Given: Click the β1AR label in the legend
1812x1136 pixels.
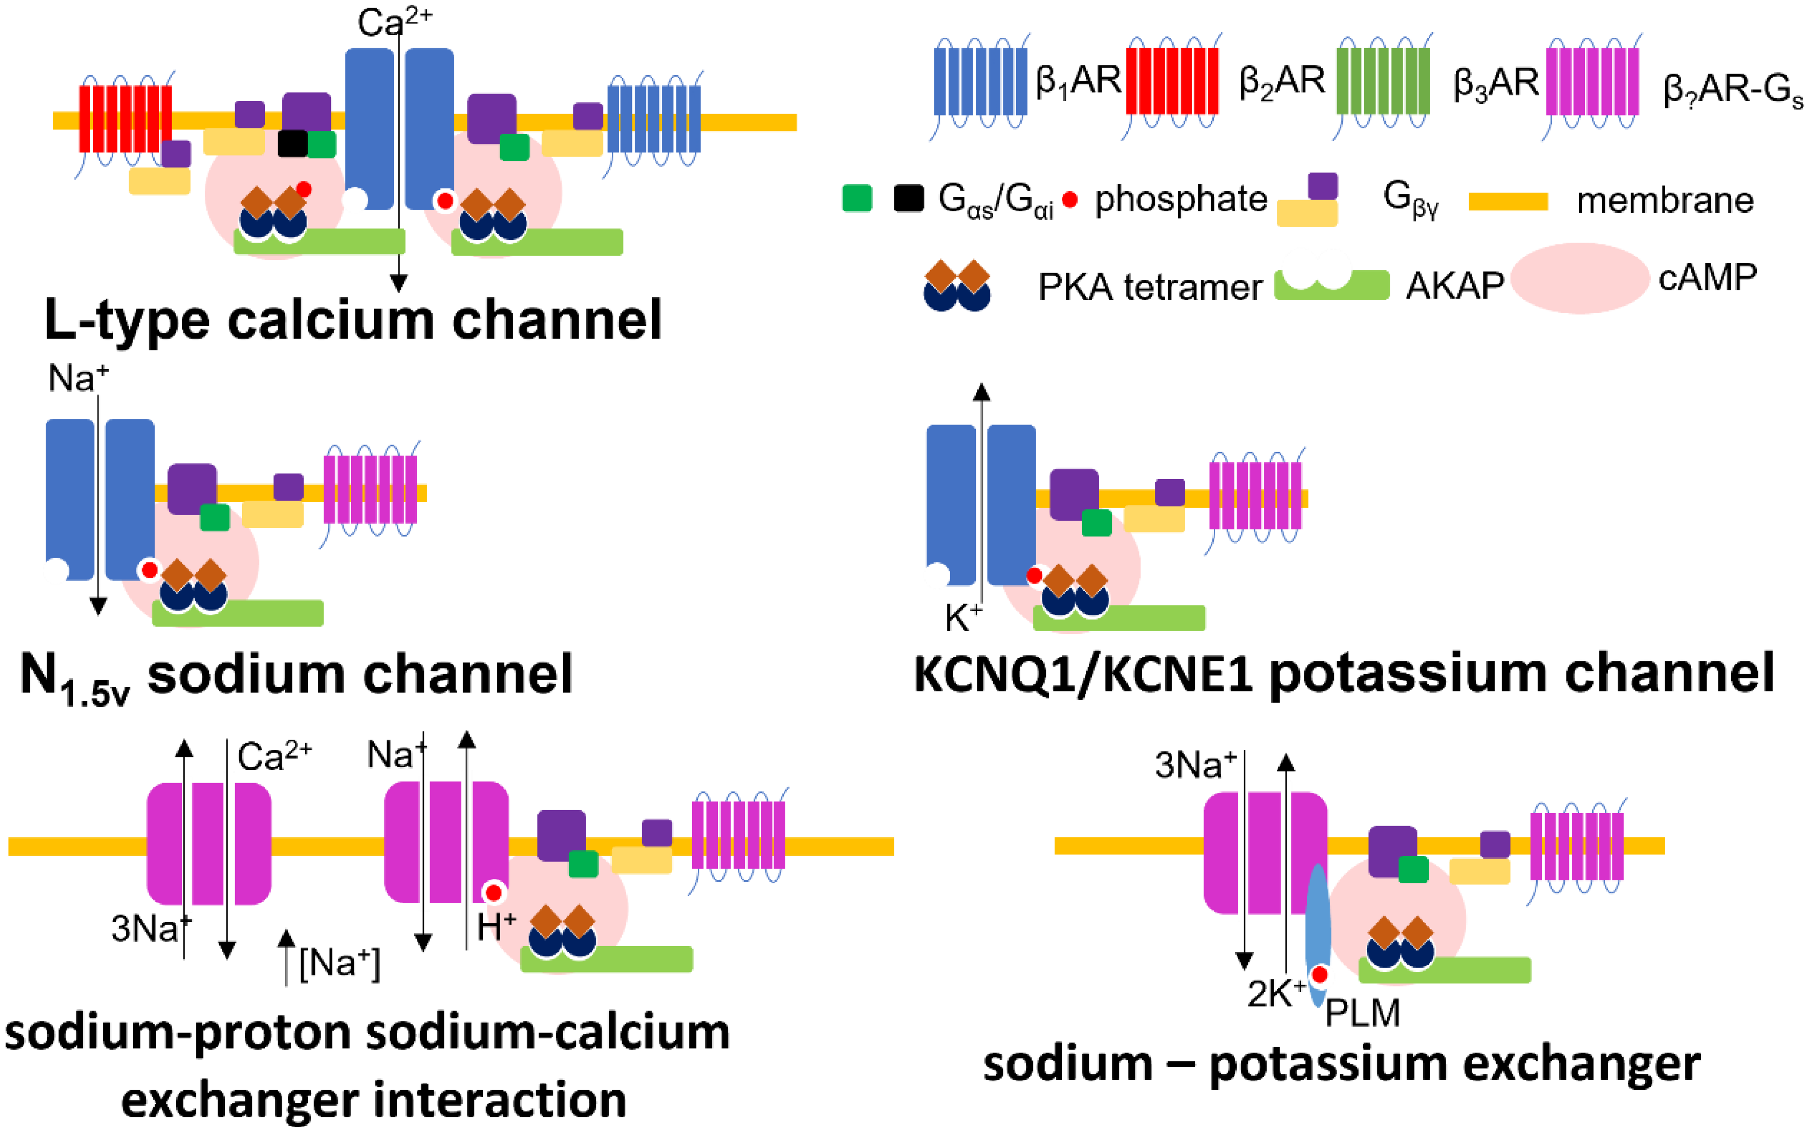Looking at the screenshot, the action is (1078, 81).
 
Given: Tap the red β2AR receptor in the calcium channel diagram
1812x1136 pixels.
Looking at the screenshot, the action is (125, 119).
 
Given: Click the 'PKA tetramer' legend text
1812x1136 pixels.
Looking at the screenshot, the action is (1150, 287).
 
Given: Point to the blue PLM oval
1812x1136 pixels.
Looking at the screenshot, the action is (1318, 935).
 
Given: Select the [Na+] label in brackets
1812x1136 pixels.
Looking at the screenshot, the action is (339, 963).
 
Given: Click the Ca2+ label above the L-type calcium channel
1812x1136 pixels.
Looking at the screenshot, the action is (395, 22).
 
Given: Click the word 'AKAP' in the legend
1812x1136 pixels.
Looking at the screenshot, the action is (1454, 286).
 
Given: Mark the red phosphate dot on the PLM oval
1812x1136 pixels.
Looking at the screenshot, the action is (1319, 974).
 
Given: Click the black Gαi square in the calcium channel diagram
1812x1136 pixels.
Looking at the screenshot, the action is (293, 144).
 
